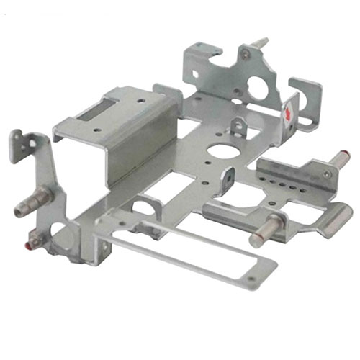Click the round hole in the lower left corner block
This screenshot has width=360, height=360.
tap(62, 237)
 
